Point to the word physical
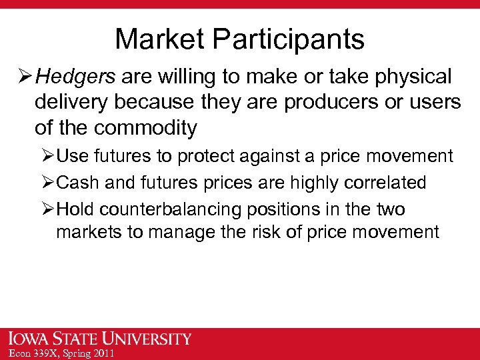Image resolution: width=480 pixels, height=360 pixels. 411,77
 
